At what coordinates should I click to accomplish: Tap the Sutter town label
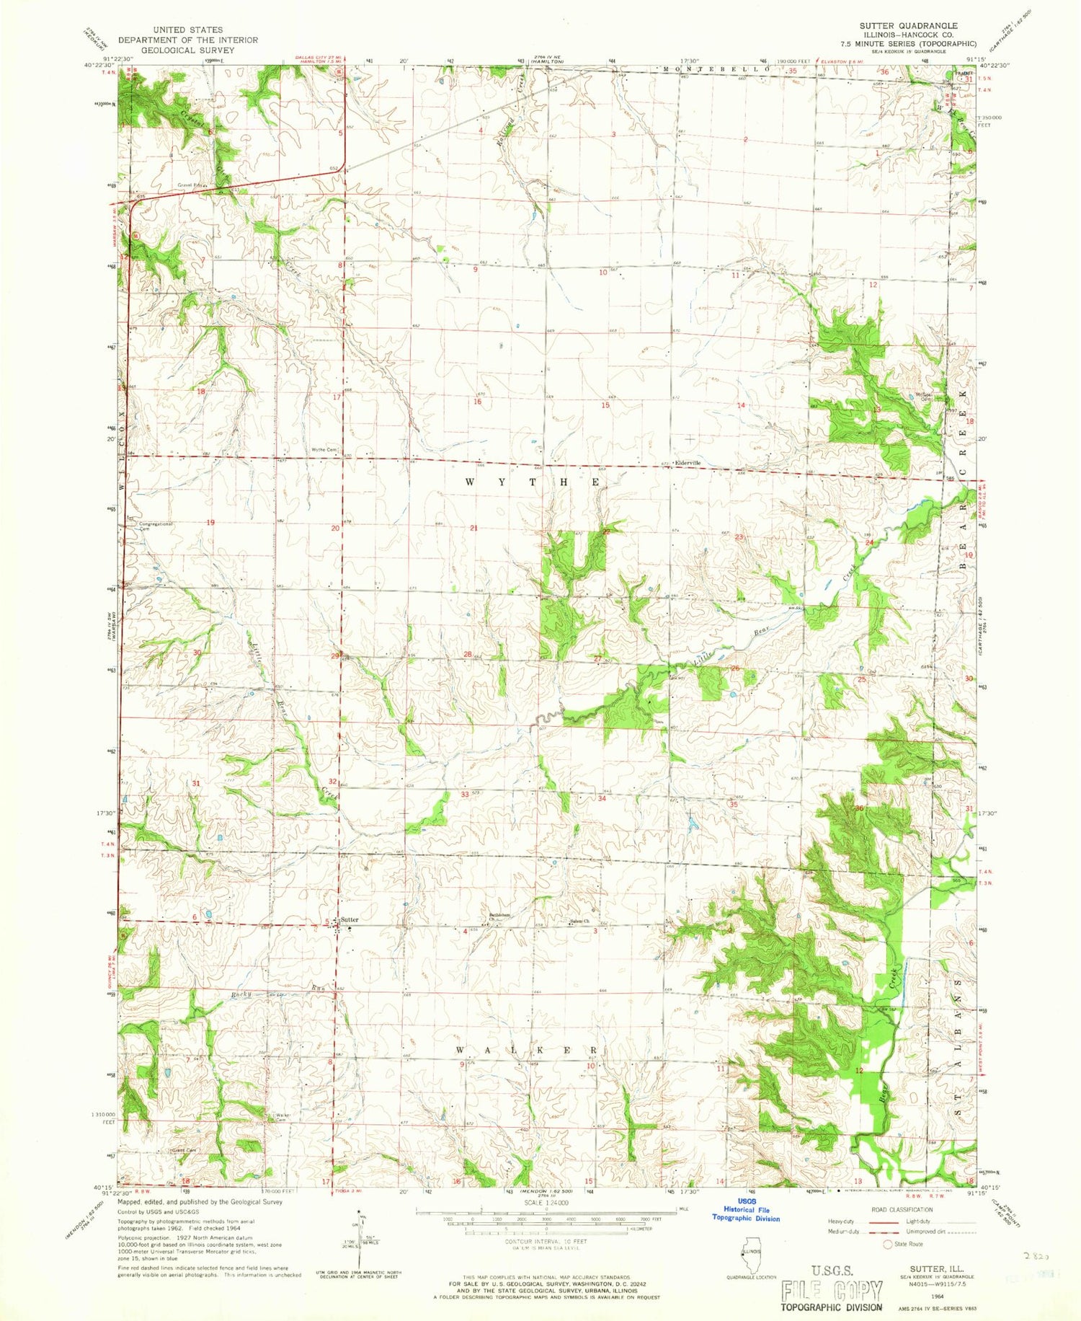tap(350, 920)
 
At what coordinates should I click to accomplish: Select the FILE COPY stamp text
tap(832, 1289)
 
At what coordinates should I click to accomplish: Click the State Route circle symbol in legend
tap(888, 1244)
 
